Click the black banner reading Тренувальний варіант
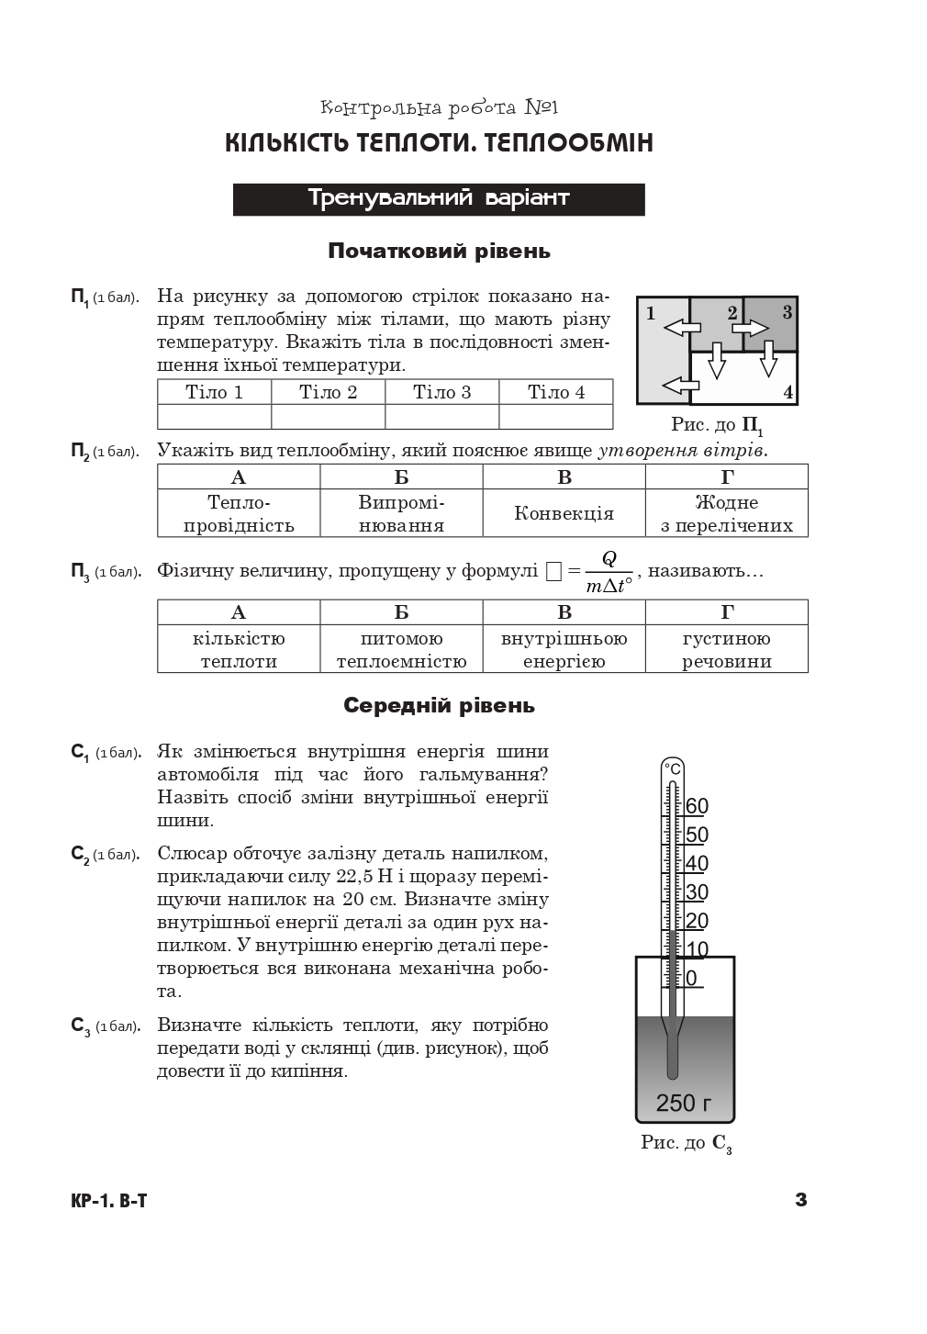[x=439, y=199]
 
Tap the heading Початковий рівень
[x=439, y=251]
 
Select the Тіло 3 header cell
[x=441, y=392]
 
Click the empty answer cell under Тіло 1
[x=214, y=417]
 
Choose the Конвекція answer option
[x=564, y=513]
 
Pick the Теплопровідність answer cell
[x=239, y=513]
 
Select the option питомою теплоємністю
[x=401, y=649]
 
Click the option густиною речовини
[x=726, y=649]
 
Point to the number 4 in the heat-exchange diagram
[x=787, y=393]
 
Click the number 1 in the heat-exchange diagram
[x=651, y=313]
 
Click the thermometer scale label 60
[x=697, y=806]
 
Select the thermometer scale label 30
[x=697, y=891]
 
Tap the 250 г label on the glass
[x=684, y=1103]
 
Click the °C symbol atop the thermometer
[x=673, y=768]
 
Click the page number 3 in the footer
[x=800, y=1199]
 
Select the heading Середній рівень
[x=439, y=705]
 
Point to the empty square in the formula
[x=553, y=572]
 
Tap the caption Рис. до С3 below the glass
[x=686, y=1143]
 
